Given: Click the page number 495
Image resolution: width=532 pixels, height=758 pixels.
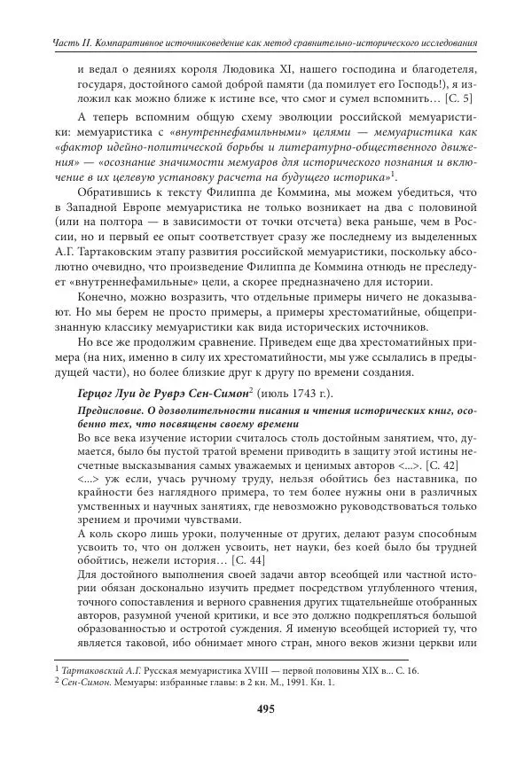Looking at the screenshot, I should click(x=266, y=708).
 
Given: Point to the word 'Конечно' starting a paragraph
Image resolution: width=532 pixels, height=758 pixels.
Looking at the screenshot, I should click(x=100, y=301).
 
